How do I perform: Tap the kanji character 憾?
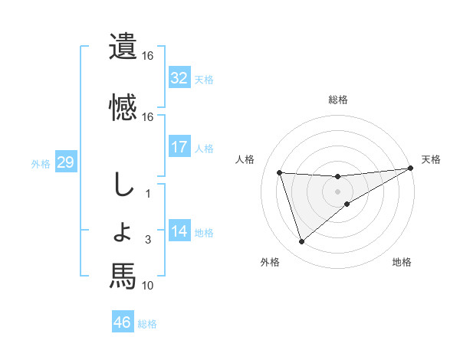pos(122,106)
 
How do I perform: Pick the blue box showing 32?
pos(179,77)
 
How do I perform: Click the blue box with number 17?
pos(179,146)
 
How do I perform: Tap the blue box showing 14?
pos(179,231)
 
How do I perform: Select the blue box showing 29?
pos(65,162)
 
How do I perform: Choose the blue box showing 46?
pos(122,322)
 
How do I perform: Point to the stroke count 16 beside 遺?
pos(148,56)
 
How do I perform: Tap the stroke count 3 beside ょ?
pos(148,241)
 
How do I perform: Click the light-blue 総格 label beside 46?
pos(148,323)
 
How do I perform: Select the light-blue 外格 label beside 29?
pos(41,163)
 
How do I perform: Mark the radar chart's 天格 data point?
pos(410,169)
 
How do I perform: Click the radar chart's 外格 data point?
pos(301,242)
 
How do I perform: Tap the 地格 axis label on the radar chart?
pos(402,263)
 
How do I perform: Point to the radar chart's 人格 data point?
pos(279,172)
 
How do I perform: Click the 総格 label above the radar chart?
pos(338,100)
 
